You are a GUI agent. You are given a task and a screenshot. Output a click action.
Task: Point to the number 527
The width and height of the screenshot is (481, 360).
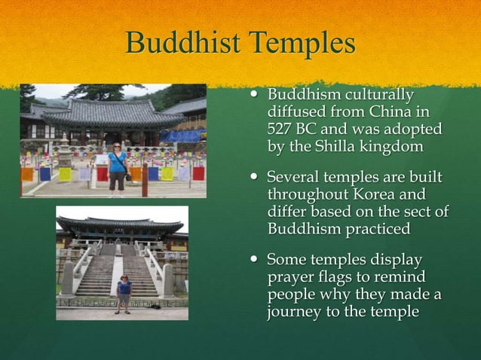(283, 130)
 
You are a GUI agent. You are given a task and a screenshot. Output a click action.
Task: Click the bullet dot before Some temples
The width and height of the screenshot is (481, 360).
(256, 261)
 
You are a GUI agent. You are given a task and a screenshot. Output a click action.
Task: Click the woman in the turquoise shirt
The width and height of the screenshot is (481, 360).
(118, 167)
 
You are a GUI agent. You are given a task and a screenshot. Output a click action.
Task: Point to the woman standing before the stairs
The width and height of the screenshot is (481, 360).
(124, 290)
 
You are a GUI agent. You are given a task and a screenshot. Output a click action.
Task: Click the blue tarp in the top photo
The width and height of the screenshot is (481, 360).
(183, 136)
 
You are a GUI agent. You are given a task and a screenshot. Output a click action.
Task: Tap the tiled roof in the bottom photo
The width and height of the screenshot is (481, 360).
(121, 224)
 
